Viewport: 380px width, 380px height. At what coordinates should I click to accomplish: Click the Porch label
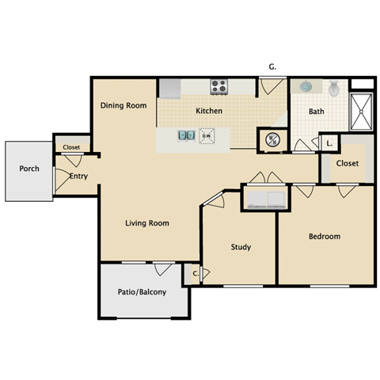[30, 169]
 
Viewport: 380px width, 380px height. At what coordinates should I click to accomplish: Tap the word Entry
[78, 176]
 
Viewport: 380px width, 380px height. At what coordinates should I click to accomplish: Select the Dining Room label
[123, 105]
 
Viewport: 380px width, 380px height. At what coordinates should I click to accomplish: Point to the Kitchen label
[208, 111]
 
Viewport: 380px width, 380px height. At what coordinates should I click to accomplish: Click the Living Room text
[147, 223]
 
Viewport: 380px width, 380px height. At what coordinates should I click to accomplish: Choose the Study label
[241, 247]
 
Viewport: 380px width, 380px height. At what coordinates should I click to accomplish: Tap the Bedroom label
[325, 236]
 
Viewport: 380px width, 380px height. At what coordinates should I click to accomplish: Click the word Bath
[316, 112]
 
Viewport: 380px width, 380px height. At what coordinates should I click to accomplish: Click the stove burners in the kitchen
[219, 86]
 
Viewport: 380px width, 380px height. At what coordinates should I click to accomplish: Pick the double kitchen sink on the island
[185, 135]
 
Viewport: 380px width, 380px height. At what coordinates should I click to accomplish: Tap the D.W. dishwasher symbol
[206, 135]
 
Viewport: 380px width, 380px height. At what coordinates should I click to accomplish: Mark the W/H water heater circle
[272, 139]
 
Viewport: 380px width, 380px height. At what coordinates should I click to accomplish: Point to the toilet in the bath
[334, 89]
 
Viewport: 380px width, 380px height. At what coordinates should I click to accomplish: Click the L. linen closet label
[329, 143]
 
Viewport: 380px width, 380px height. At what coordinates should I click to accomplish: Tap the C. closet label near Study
[195, 274]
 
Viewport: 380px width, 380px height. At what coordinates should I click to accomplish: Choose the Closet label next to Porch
[71, 147]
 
